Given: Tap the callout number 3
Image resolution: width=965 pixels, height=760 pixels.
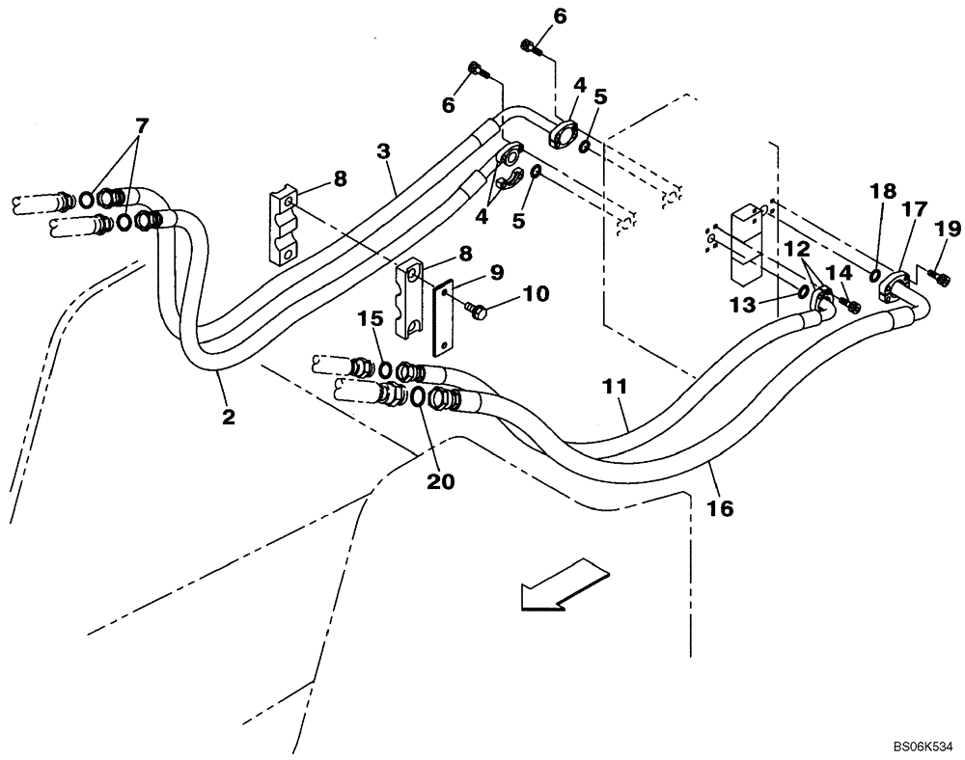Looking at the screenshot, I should click(x=383, y=151).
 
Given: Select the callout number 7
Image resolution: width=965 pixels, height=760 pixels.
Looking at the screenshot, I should click(x=142, y=125).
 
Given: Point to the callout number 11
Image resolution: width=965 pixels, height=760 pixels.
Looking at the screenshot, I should click(x=617, y=387).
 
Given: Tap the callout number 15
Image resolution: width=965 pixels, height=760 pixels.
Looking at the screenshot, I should click(x=371, y=317).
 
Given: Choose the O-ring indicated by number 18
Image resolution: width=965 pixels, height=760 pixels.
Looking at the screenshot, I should click(x=874, y=277).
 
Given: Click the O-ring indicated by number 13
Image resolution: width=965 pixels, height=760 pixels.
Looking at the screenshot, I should click(x=804, y=290).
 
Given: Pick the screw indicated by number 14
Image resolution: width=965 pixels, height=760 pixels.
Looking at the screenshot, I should click(x=852, y=306).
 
